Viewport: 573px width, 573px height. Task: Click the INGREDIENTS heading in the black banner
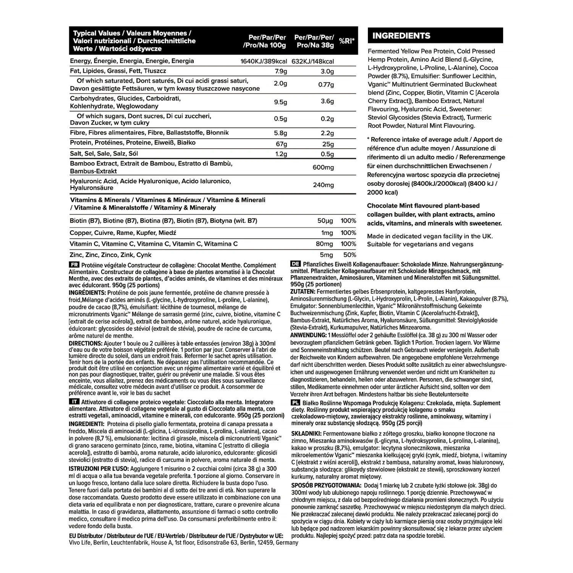tap(401, 36)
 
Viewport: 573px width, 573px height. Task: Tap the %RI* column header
tap(346, 41)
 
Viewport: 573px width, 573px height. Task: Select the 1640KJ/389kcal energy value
tap(264, 62)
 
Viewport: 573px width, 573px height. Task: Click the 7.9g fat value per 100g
tap(281, 71)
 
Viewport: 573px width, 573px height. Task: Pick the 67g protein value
tap(282, 144)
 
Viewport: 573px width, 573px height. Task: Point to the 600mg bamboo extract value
tap(323, 167)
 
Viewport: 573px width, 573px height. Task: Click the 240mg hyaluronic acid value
tap(323, 185)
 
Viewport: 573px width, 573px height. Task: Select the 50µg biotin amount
tap(325, 221)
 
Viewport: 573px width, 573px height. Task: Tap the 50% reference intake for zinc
tap(350, 255)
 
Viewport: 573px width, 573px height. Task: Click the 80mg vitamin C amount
tap(325, 244)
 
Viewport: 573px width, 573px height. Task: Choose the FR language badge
tap(74, 265)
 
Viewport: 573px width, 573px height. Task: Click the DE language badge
tap(295, 264)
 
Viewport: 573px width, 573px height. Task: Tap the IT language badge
tap(74, 402)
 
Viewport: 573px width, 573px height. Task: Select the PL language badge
tap(295, 403)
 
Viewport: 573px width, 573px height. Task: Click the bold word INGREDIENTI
tap(86, 424)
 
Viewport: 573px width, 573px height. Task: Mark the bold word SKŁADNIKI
tap(306, 434)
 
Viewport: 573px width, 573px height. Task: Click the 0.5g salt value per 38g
tap(327, 154)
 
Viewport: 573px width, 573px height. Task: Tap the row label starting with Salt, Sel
tap(104, 154)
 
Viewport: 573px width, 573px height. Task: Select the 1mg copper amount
tap(327, 233)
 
